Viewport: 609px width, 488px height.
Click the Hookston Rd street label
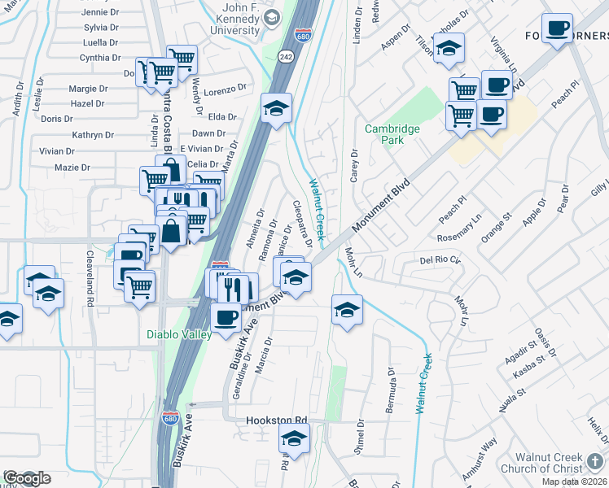pos(278,420)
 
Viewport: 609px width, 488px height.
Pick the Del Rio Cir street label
pos(440,260)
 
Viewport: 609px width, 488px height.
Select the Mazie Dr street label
pos(72,168)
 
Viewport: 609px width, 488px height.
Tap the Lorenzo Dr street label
pos(225,89)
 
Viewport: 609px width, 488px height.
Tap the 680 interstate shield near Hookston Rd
pos(169,418)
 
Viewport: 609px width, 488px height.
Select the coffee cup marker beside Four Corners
pos(557,30)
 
